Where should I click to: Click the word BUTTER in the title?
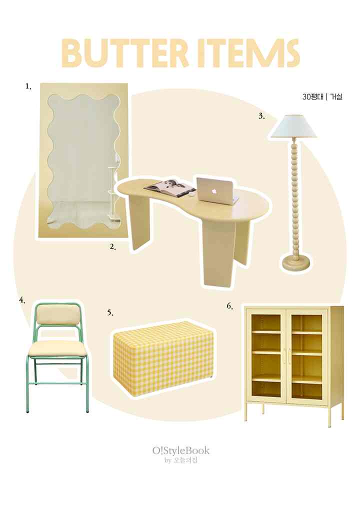click(x=125, y=53)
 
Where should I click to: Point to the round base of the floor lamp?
click(x=296, y=262)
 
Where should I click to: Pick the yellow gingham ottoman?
click(x=163, y=358)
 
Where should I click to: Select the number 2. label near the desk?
click(x=113, y=247)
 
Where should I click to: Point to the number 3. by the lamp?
click(x=262, y=116)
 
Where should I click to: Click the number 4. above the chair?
click(x=22, y=300)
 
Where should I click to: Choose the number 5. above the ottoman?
click(x=110, y=313)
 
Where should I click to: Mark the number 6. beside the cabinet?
click(x=230, y=306)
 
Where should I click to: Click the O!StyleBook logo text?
click(x=181, y=450)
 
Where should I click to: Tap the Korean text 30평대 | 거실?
click(x=322, y=97)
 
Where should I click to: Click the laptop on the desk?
click(x=216, y=190)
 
